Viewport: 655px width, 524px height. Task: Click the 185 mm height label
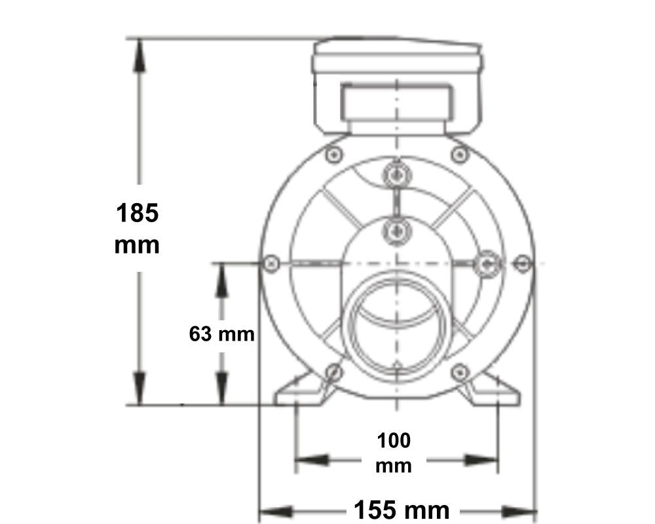click(137, 229)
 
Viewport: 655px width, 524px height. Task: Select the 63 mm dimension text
click(221, 334)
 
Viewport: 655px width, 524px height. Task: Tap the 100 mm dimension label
click(394, 453)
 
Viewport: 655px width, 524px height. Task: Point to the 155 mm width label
click(402, 510)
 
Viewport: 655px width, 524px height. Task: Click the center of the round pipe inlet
click(396, 331)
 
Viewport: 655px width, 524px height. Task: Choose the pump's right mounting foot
click(493, 392)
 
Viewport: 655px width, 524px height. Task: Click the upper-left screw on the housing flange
click(334, 155)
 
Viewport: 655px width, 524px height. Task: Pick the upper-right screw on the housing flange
click(459, 155)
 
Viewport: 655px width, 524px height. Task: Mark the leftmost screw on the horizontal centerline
click(272, 263)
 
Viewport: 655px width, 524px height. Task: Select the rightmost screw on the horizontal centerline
click(522, 263)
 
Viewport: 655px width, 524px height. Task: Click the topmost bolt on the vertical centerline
click(396, 175)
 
